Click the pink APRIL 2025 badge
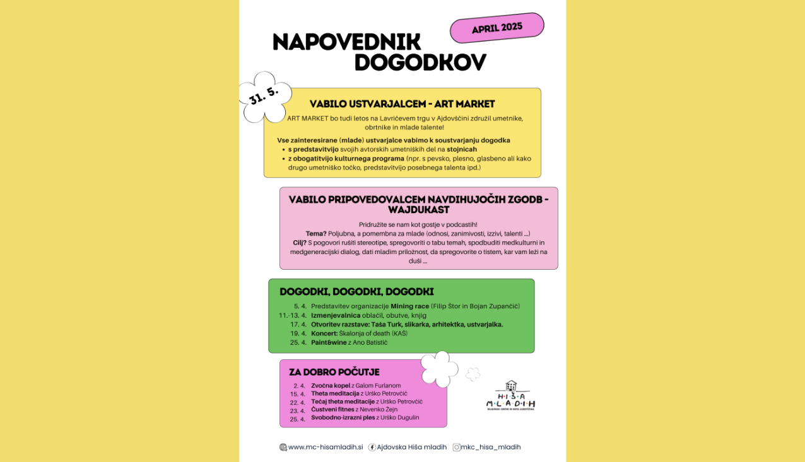[x=497, y=28]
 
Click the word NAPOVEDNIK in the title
[x=346, y=42]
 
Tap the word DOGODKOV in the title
[x=420, y=62]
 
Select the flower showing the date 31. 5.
[x=266, y=96]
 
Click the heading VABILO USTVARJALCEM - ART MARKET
[x=402, y=104]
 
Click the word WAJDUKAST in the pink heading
[x=418, y=209]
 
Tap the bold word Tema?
[x=316, y=234]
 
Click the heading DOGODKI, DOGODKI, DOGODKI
[x=356, y=292]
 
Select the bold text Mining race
[x=409, y=306]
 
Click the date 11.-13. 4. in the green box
[x=293, y=315]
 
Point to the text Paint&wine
[x=329, y=342]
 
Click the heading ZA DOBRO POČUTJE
[x=334, y=372]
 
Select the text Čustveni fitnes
[x=332, y=410]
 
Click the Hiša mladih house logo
[x=510, y=395]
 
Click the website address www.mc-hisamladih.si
[x=326, y=448]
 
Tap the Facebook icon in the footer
[x=372, y=448]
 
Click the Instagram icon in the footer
[x=456, y=448]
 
